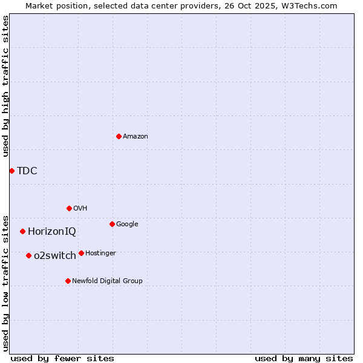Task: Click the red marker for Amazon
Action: (x=119, y=136)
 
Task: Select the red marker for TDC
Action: (x=11, y=171)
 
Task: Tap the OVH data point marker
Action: (x=69, y=208)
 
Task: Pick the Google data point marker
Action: (x=112, y=224)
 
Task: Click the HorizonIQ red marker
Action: (x=22, y=231)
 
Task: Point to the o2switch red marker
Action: (x=28, y=255)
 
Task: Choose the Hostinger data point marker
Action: (x=81, y=253)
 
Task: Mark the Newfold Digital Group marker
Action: (x=68, y=281)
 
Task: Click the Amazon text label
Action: (x=136, y=137)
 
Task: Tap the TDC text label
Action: (x=27, y=171)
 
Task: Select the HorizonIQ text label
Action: (x=52, y=231)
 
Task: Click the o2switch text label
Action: (x=55, y=255)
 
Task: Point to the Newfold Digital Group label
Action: (x=108, y=281)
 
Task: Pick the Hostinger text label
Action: (x=100, y=253)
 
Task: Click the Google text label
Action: (x=127, y=224)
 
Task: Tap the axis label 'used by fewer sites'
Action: (x=62, y=358)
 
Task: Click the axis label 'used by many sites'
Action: (x=304, y=358)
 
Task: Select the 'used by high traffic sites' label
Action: (x=5, y=86)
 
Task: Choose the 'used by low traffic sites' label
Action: (x=5, y=283)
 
